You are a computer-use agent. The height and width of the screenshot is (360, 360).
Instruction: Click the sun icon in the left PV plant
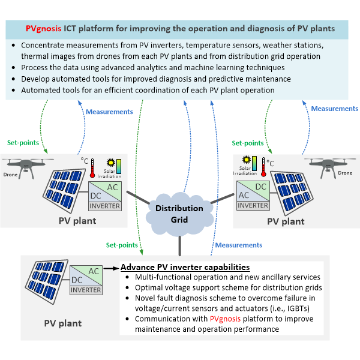(112, 163)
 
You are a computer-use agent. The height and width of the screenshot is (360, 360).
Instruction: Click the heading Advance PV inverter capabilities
(185, 267)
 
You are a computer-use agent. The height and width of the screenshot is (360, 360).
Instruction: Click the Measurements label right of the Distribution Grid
(238, 245)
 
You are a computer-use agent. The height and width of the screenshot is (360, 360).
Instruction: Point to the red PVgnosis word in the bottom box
(227, 318)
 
